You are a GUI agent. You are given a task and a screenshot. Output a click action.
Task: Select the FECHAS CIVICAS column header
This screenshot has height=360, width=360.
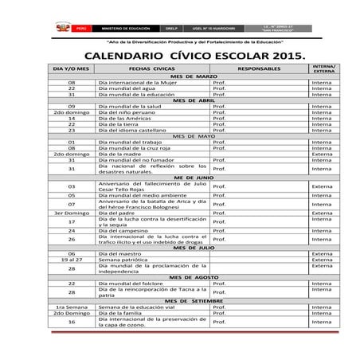click(151, 69)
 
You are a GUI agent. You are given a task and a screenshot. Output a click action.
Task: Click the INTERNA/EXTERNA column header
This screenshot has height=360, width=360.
click(323, 69)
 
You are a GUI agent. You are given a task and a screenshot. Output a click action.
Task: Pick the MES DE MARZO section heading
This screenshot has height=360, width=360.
click(195, 76)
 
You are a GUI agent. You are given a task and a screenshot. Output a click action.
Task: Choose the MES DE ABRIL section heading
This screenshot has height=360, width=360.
click(194, 100)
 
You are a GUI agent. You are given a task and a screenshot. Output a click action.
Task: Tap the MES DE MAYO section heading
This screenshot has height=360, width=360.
click(194, 135)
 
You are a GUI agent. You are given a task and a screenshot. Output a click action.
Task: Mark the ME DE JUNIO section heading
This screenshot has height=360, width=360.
click(194, 178)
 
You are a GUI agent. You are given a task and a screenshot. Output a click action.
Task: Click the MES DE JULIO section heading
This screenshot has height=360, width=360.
click(194, 247)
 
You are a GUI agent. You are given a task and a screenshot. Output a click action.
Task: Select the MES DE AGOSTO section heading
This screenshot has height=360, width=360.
click(194, 276)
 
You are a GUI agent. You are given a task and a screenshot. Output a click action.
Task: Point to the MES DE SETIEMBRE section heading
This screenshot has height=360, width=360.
click(195, 300)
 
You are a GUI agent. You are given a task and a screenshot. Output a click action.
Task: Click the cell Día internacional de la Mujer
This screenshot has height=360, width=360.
click(126, 82)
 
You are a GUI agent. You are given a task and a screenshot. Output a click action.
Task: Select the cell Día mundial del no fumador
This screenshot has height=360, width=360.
click(131, 159)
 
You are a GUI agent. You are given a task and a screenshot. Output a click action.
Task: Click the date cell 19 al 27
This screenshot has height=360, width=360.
click(71, 259)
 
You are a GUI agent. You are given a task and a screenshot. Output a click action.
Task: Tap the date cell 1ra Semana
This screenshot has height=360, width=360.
click(71, 307)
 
